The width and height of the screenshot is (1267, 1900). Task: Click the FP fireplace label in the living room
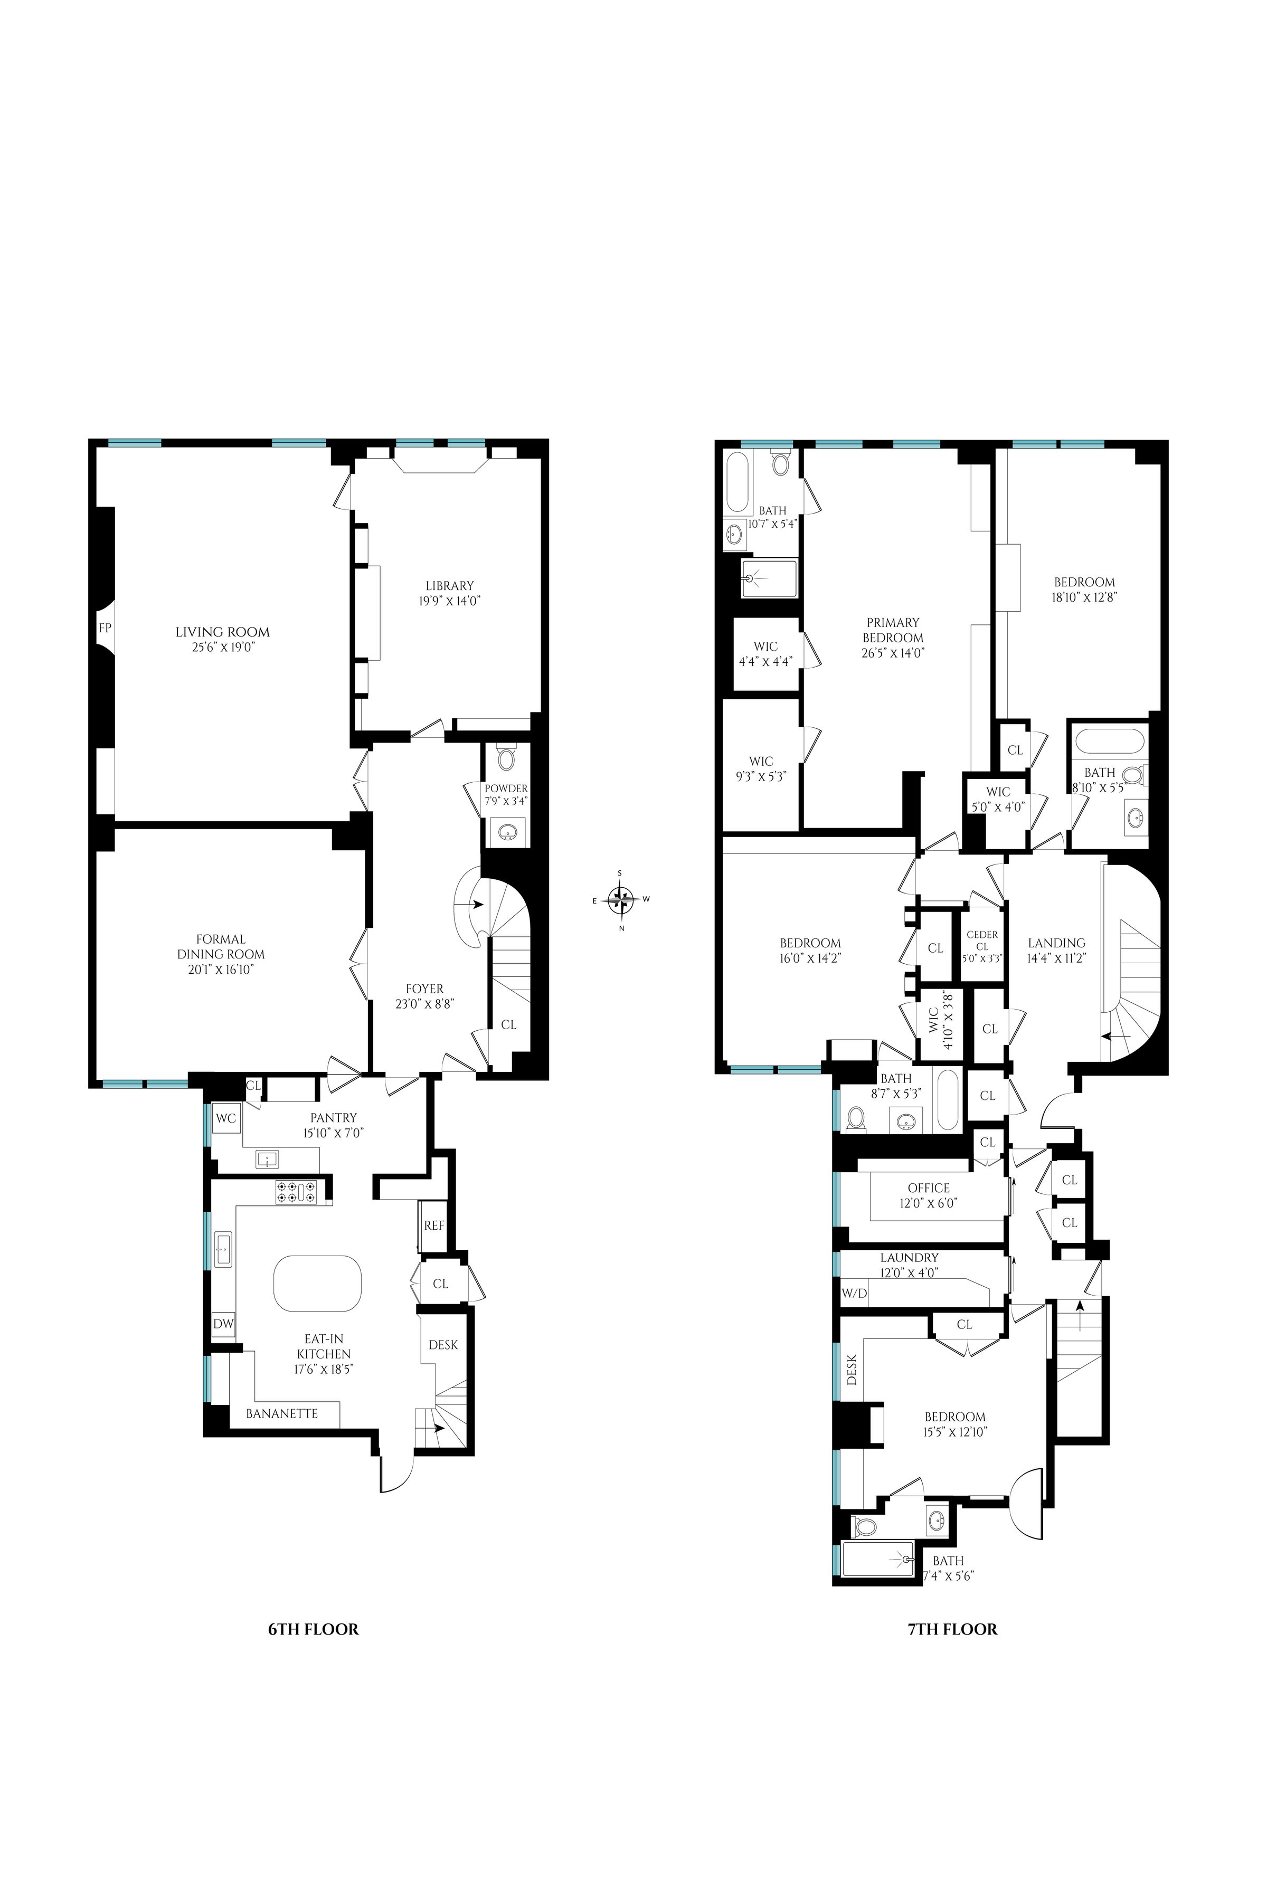(x=104, y=628)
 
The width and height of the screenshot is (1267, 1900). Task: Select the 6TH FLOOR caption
(x=313, y=1629)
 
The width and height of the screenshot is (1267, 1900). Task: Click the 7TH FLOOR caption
(x=952, y=1629)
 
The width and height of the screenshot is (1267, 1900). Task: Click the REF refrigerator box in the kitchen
(x=434, y=1224)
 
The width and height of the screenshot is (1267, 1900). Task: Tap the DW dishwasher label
(x=223, y=1324)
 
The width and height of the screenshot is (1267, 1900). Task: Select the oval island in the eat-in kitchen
(x=318, y=1285)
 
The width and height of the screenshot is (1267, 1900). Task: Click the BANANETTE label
(x=282, y=1413)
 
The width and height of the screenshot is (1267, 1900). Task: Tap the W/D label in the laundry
(x=854, y=1293)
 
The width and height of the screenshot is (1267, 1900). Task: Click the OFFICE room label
(x=929, y=1187)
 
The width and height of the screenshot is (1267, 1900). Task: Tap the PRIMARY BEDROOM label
(x=893, y=629)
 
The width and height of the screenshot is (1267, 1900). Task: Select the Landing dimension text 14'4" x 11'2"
(x=1056, y=958)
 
